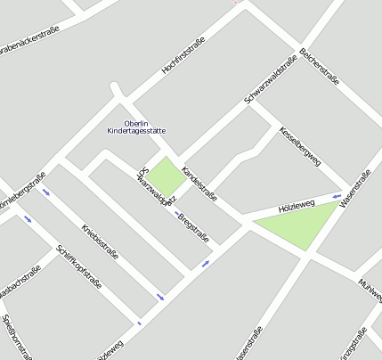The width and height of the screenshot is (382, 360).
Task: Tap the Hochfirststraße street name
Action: pos(183,55)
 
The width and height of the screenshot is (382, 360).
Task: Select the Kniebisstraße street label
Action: pos(100,241)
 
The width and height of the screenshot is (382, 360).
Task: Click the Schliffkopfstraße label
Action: pos(78,266)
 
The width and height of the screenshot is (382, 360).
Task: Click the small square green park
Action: pos(164,174)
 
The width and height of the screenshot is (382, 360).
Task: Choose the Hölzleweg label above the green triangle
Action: pos(297,206)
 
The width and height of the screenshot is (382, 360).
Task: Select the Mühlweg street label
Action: pos(370,288)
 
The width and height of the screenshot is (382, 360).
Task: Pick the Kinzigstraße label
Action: pos(354,348)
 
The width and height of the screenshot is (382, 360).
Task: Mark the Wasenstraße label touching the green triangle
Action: pos(354,189)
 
